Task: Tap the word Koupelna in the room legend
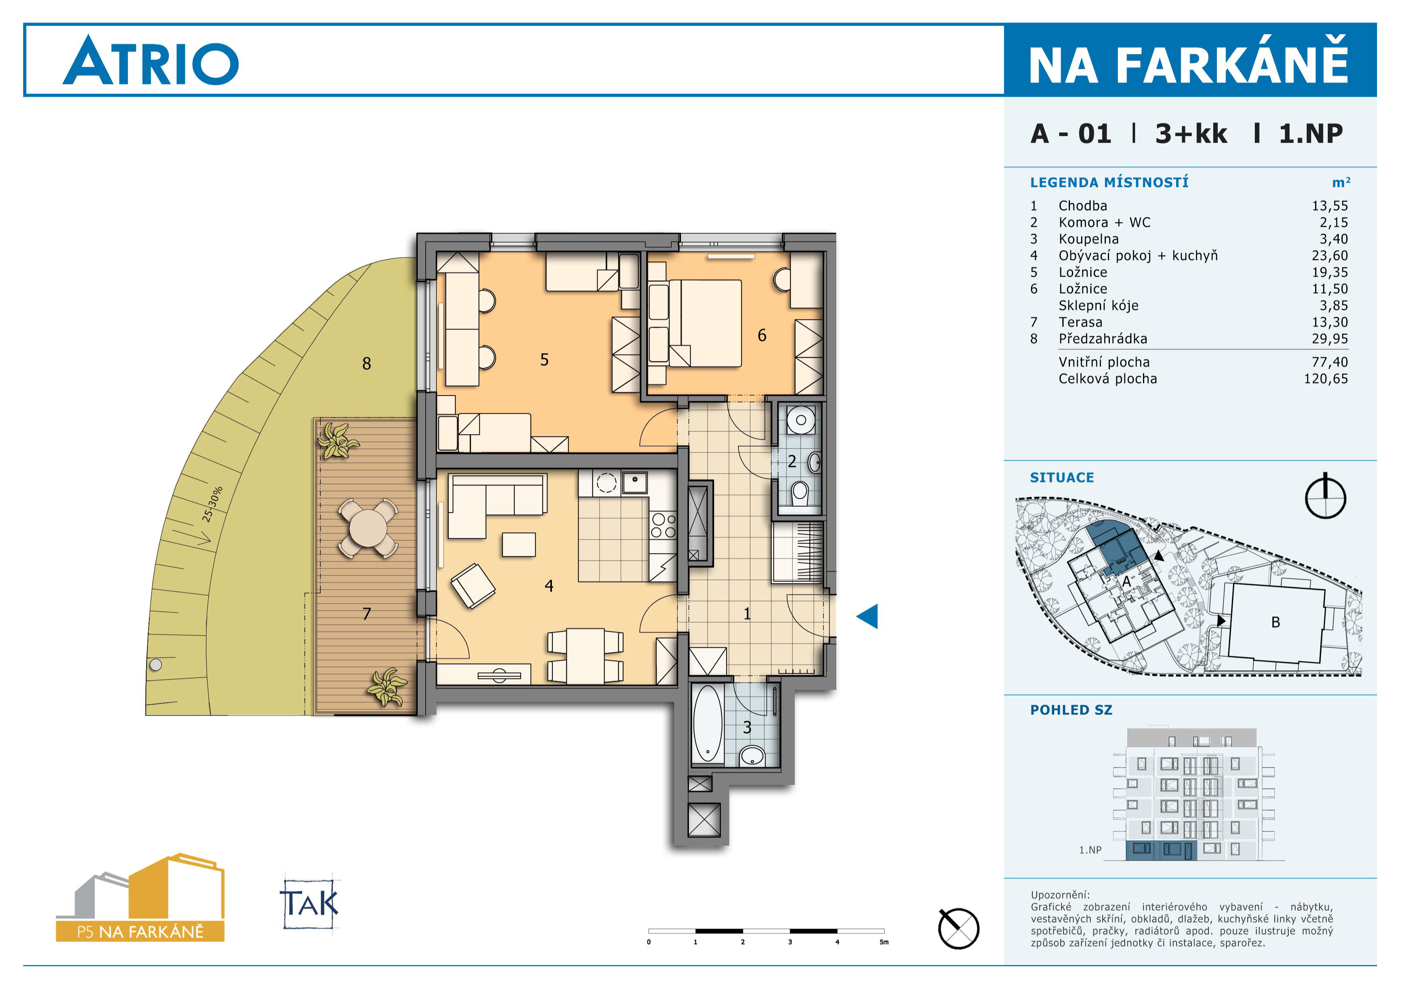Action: click(x=1089, y=239)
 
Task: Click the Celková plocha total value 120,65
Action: click(x=1326, y=379)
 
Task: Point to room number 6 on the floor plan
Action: click(x=762, y=335)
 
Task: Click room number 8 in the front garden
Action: click(x=366, y=363)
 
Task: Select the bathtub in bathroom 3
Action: click(x=708, y=724)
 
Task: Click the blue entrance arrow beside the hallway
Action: click(x=868, y=616)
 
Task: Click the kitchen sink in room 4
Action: click(x=635, y=482)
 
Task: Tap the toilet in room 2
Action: click(x=800, y=492)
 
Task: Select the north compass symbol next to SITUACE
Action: click(x=1326, y=496)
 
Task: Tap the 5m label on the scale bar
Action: click(x=883, y=942)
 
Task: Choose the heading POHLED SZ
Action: click(x=1071, y=710)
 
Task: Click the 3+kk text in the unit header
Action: click(x=1191, y=134)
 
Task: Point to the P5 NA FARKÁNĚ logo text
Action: click(x=140, y=931)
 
